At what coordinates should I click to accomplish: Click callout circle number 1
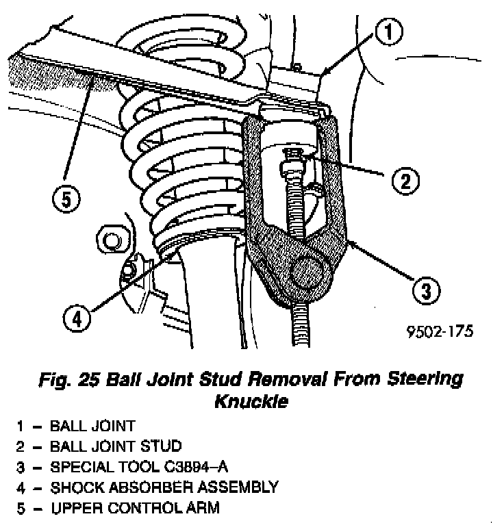click(x=388, y=31)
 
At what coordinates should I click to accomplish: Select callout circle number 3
click(x=426, y=291)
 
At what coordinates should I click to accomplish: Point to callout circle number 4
click(x=78, y=317)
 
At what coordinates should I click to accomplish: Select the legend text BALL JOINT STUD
click(x=116, y=446)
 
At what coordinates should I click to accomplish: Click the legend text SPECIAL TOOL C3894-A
click(x=136, y=467)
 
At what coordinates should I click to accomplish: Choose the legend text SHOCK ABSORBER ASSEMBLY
click(x=164, y=487)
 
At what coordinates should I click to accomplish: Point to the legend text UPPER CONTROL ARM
click(x=135, y=508)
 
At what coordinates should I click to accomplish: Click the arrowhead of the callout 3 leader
click(x=349, y=240)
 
